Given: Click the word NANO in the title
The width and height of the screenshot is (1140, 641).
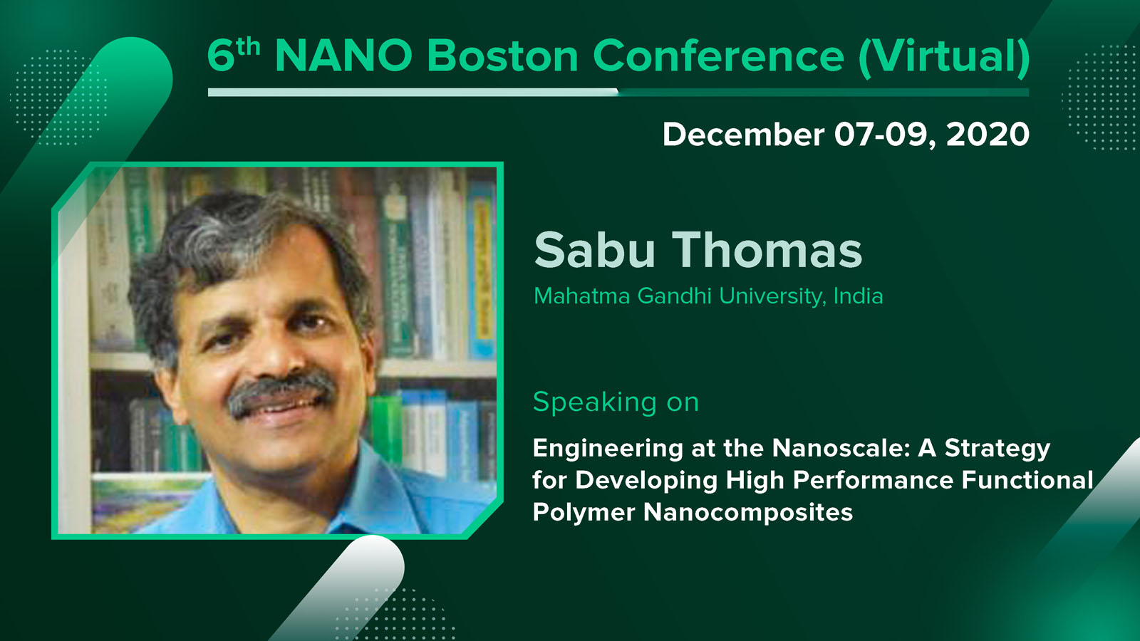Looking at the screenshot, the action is (x=343, y=56).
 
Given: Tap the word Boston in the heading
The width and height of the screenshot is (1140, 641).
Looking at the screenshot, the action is (x=502, y=56).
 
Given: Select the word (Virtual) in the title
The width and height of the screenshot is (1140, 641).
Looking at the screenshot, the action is (x=944, y=56).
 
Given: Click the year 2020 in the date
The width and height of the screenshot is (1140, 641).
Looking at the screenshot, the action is (x=988, y=135).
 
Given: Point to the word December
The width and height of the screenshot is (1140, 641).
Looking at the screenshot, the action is (x=743, y=135).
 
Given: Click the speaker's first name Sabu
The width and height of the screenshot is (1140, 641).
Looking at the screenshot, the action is (x=594, y=250).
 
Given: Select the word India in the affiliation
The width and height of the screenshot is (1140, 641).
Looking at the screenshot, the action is (x=858, y=296).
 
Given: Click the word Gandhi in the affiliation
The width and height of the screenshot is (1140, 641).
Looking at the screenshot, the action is (x=674, y=296).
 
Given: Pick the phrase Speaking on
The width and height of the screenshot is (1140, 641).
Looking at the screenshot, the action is (x=616, y=403).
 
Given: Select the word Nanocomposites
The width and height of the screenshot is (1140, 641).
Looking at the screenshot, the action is (x=748, y=513).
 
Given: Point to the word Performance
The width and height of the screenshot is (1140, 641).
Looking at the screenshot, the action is (x=874, y=480).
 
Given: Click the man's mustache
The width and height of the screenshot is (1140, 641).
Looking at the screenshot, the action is (x=281, y=391).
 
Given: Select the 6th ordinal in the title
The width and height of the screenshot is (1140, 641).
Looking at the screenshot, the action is (x=234, y=54).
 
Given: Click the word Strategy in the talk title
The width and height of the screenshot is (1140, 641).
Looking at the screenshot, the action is (x=997, y=449).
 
